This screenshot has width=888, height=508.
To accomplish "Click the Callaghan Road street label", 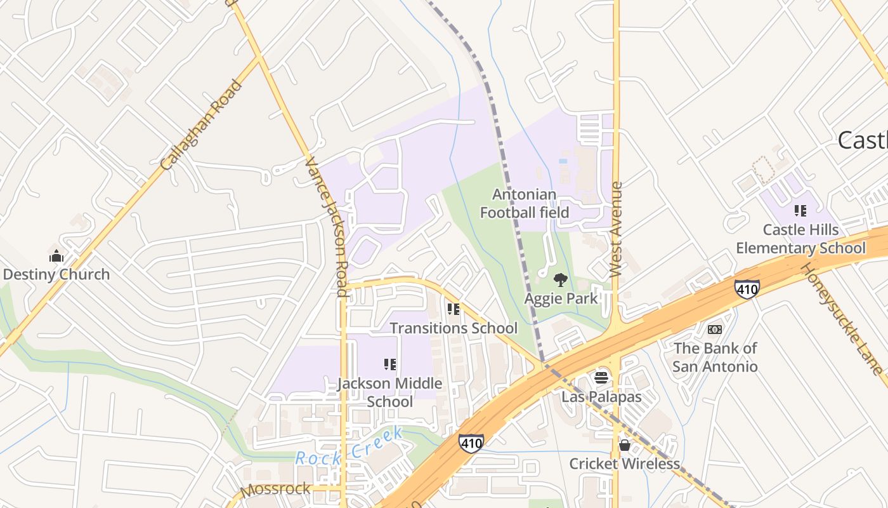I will pyautogui.click(x=202, y=124).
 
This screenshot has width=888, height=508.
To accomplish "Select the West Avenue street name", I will pyautogui.click(x=616, y=229).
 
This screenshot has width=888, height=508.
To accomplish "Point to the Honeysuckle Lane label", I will pyautogui.click(x=841, y=318).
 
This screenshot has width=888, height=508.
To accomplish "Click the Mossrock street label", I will pyautogui.click(x=275, y=489).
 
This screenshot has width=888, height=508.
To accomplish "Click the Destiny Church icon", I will pyautogui.click(x=56, y=257).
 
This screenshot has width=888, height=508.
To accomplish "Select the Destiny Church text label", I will pyautogui.click(x=56, y=274).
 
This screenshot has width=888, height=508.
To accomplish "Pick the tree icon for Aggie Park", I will pyautogui.click(x=560, y=279).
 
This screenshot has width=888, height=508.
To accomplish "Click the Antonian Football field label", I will pyautogui.click(x=525, y=203).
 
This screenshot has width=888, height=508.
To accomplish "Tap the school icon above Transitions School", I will pyautogui.click(x=453, y=309).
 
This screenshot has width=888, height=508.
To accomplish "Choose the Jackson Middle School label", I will pyautogui.click(x=389, y=392).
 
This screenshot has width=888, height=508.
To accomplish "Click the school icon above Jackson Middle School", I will pyautogui.click(x=390, y=364).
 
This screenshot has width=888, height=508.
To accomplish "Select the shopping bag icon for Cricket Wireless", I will pyautogui.click(x=624, y=445).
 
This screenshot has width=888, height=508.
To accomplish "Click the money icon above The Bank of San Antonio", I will pyautogui.click(x=715, y=330).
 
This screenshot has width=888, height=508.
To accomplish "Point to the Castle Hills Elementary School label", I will pyautogui.click(x=800, y=239).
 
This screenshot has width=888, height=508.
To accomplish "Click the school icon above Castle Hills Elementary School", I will pyautogui.click(x=800, y=210).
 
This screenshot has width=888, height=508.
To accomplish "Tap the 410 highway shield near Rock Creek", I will pyautogui.click(x=471, y=442).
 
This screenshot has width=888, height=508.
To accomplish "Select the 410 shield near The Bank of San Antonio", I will pyautogui.click(x=747, y=289).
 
